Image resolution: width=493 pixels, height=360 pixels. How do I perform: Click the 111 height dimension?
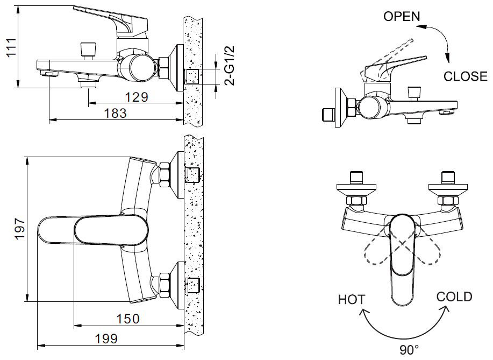coord(8,48)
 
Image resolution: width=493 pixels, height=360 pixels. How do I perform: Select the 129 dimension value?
coord(137,97)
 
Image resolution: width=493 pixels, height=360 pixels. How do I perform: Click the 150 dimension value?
coord(128,319)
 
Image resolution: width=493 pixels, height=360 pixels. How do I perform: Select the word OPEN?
coord(402,17)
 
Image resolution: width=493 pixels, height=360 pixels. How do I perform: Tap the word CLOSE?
coord(465,76)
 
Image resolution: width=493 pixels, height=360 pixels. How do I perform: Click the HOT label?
coord(352,300)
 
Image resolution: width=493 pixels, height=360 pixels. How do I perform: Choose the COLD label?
coord(454,297)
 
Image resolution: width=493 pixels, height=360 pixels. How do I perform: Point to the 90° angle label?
coord(409,350)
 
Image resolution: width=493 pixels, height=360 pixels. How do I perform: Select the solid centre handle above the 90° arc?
coord(403,258)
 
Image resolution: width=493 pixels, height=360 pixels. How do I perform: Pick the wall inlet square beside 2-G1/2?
coord(193,76)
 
